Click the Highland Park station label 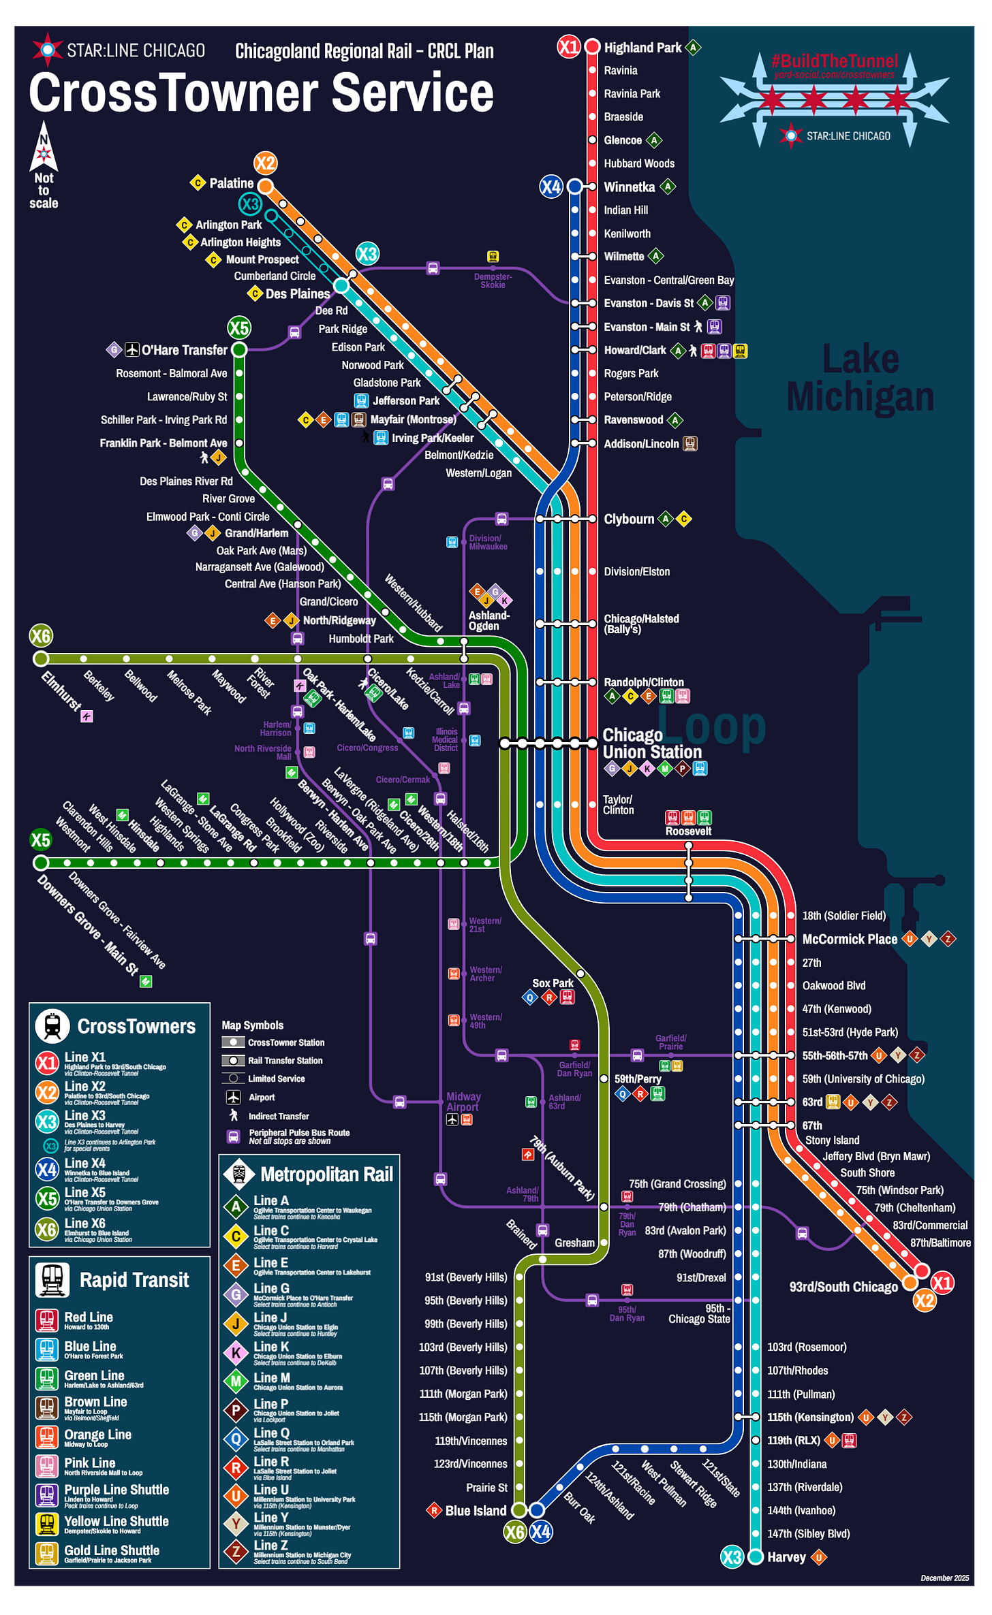642,48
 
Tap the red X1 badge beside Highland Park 568,47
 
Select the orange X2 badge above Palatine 265,163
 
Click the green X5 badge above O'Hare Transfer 239,327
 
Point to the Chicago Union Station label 651,743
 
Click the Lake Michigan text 860,378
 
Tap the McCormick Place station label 849,940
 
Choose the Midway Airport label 463,1102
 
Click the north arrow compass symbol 44,146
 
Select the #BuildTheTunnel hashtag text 835,61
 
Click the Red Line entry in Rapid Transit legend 89,1317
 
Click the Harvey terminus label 786,1557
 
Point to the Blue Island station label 476,1511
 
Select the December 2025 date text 944,1578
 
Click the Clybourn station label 628,519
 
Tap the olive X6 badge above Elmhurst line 41,636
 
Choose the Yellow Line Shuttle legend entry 117,1522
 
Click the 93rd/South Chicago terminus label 843,1287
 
